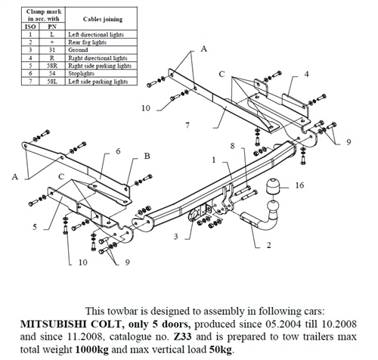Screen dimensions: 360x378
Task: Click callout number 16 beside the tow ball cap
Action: [301, 185]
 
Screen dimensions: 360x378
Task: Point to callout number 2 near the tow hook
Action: [268, 245]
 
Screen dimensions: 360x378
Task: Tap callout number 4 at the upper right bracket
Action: [306, 74]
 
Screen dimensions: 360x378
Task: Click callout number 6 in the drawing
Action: [118, 152]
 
